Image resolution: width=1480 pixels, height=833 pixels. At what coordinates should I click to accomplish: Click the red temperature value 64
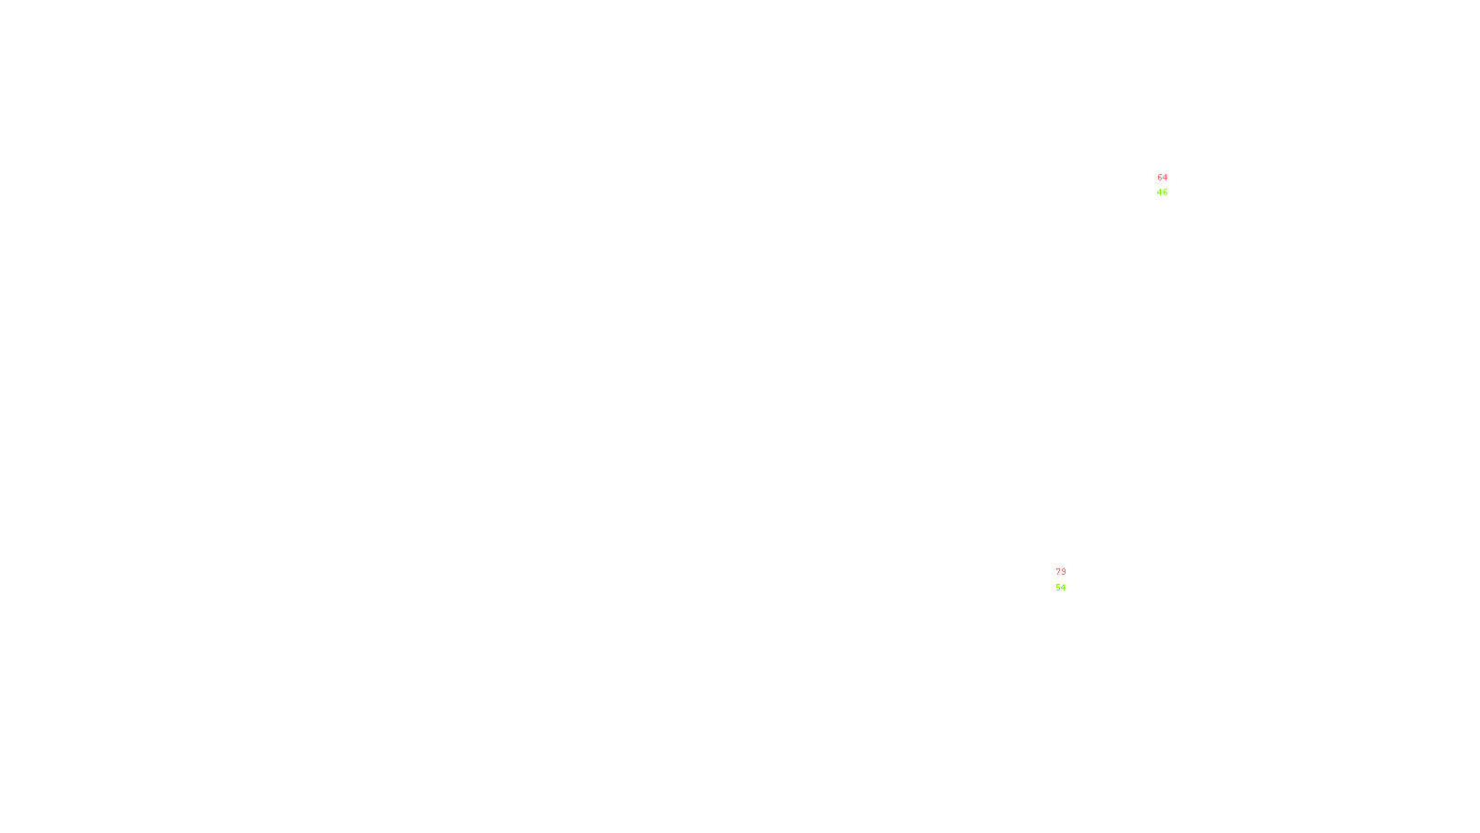coord(1162,178)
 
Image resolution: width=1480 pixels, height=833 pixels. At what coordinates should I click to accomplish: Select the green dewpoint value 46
coord(1162,193)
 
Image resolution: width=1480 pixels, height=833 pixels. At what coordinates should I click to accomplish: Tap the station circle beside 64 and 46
coord(1171,186)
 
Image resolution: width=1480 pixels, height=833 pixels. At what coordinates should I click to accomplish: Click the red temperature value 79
coord(1060,572)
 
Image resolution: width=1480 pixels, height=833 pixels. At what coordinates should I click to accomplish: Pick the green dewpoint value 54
coord(1060,588)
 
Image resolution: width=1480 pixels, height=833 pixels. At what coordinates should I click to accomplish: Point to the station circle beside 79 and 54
coord(1069,580)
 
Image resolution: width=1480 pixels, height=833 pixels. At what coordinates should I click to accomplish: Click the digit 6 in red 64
coord(1160,178)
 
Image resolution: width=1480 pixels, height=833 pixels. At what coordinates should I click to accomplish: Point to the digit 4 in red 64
coord(1165,178)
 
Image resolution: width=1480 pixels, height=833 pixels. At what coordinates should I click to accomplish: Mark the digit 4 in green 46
coord(1160,193)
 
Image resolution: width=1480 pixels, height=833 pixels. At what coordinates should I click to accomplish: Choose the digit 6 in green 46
coord(1165,193)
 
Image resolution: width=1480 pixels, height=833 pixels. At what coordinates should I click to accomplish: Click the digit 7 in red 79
coord(1058,572)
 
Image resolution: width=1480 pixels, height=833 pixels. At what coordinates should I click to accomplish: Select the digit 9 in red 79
coord(1063,572)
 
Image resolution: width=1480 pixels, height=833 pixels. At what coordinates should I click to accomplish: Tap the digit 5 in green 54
coord(1058,588)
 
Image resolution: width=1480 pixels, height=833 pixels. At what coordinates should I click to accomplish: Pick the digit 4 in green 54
coord(1063,588)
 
